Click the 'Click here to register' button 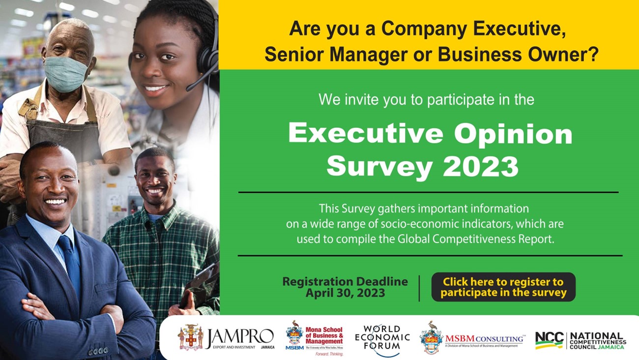tap(503, 287)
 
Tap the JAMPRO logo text tap(239, 336)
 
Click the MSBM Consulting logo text tap(484, 339)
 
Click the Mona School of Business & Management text tap(324, 335)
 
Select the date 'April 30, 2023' tap(345, 294)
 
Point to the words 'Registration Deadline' tap(345, 282)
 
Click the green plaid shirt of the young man tap(162, 246)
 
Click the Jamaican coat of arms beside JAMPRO tap(190, 337)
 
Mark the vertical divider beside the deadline tap(419, 288)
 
